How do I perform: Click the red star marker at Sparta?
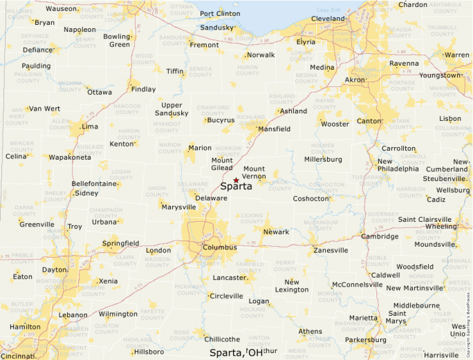236,180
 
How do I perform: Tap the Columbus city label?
220,247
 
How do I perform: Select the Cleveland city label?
328,19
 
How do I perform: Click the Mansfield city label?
273,129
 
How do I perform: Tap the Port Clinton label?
220,14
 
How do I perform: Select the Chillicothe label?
221,339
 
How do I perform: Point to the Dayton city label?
54,269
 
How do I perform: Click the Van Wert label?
44,108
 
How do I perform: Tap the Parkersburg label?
366,340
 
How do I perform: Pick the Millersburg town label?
324,159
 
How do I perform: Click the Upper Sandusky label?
171,109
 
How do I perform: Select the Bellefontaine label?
93,184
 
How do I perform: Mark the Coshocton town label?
311,198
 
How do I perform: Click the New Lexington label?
292,285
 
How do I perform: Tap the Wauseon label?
62,9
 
